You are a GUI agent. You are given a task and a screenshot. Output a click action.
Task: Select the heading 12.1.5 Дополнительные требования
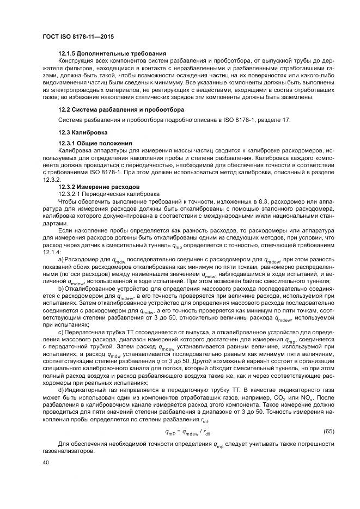click(112, 54)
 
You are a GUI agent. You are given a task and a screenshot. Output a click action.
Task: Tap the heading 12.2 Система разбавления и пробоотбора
click(121, 109)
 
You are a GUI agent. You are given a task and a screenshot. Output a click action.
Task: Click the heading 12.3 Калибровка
click(84, 132)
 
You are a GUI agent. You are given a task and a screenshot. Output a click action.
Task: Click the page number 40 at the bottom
click(46, 462)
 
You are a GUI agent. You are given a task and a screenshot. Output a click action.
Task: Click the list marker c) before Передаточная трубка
click(61, 332)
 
